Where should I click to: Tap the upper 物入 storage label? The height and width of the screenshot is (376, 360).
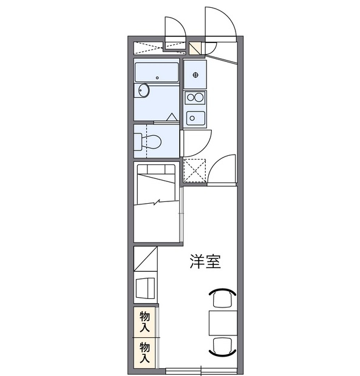145,322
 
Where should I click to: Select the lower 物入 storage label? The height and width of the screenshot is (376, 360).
145,352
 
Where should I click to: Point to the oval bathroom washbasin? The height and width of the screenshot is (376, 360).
143,91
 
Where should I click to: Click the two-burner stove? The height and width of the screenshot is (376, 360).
195,97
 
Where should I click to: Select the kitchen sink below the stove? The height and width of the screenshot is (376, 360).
195,116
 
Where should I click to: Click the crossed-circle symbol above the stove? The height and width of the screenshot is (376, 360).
195,74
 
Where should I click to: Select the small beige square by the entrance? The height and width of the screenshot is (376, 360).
195,47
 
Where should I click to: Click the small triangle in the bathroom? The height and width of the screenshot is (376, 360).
171,116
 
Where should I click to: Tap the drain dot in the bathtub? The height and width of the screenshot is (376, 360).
157,78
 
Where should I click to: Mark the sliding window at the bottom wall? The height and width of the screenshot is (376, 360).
202,369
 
